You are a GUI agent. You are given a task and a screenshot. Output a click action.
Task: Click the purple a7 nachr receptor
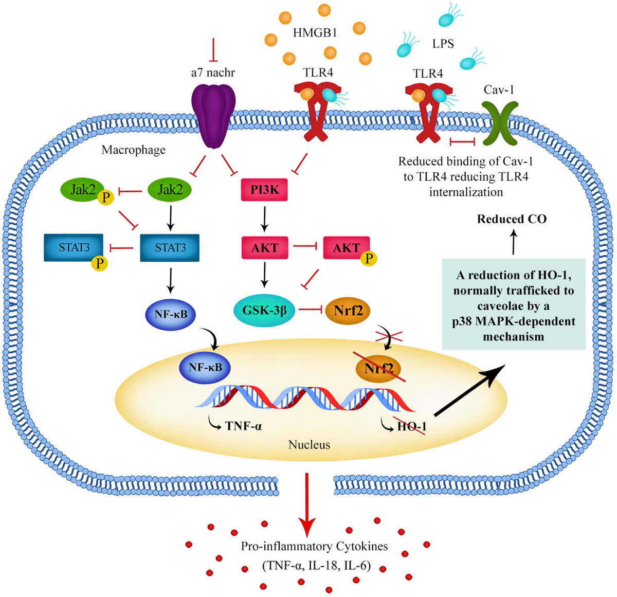pyautogui.click(x=213, y=116)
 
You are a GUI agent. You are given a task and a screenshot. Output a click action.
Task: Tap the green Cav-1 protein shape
pyautogui.click(x=500, y=123)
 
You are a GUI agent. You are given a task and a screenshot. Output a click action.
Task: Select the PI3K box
pyautogui.click(x=264, y=190)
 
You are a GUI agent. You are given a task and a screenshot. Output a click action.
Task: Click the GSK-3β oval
pyautogui.click(x=264, y=311)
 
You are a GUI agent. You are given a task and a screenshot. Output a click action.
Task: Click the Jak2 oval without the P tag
pyautogui.click(x=170, y=190)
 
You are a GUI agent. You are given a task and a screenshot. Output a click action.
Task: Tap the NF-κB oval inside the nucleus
pyautogui.click(x=205, y=368)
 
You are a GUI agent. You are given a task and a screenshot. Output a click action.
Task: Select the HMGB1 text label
pyautogui.click(x=315, y=33)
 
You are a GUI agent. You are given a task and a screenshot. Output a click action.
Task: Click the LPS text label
pyautogui.click(x=443, y=44)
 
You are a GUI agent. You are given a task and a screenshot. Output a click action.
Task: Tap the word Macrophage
pyautogui.click(x=134, y=150)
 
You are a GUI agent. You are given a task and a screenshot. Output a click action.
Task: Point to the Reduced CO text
pyautogui.click(x=512, y=219)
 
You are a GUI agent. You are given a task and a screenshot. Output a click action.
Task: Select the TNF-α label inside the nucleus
pyautogui.click(x=244, y=426)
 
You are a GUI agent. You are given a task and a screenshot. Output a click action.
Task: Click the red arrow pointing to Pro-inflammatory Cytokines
pyautogui.click(x=307, y=504)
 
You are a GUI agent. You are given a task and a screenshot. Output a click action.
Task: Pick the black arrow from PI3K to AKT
pyautogui.click(x=265, y=219)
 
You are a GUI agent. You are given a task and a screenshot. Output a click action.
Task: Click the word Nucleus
pyautogui.click(x=309, y=445)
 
